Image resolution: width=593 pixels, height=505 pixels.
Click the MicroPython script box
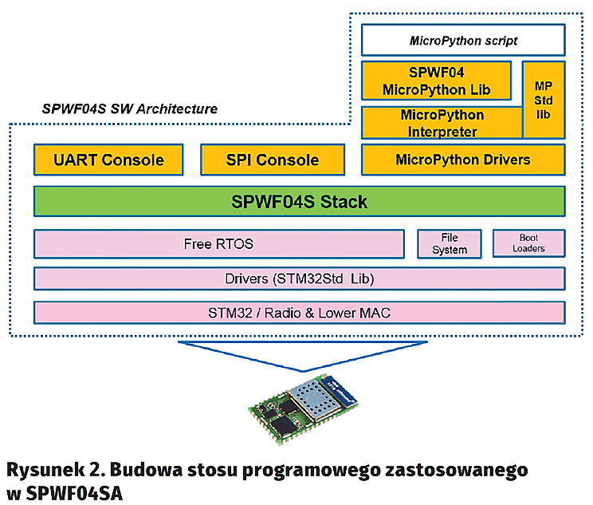coord(463,40)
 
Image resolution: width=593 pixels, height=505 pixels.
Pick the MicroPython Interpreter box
coord(441,123)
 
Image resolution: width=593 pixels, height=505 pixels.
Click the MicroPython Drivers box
coord(462,160)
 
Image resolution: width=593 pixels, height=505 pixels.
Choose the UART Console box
coord(108,160)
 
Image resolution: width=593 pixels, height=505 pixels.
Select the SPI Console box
coord(272,160)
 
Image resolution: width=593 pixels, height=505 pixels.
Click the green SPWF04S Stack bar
coord(299,201)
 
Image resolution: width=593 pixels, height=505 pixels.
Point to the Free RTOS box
coord(218,243)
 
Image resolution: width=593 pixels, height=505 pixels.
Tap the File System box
coord(450,243)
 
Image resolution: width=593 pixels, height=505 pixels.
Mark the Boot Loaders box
coord(528,243)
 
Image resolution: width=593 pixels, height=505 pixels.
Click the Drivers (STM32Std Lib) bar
coord(299,278)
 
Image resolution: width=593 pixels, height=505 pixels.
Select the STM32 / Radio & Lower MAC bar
coord(299,312)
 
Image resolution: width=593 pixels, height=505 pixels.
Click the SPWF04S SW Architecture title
coord(129,108)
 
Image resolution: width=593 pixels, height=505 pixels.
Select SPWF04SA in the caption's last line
coord(73,492)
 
